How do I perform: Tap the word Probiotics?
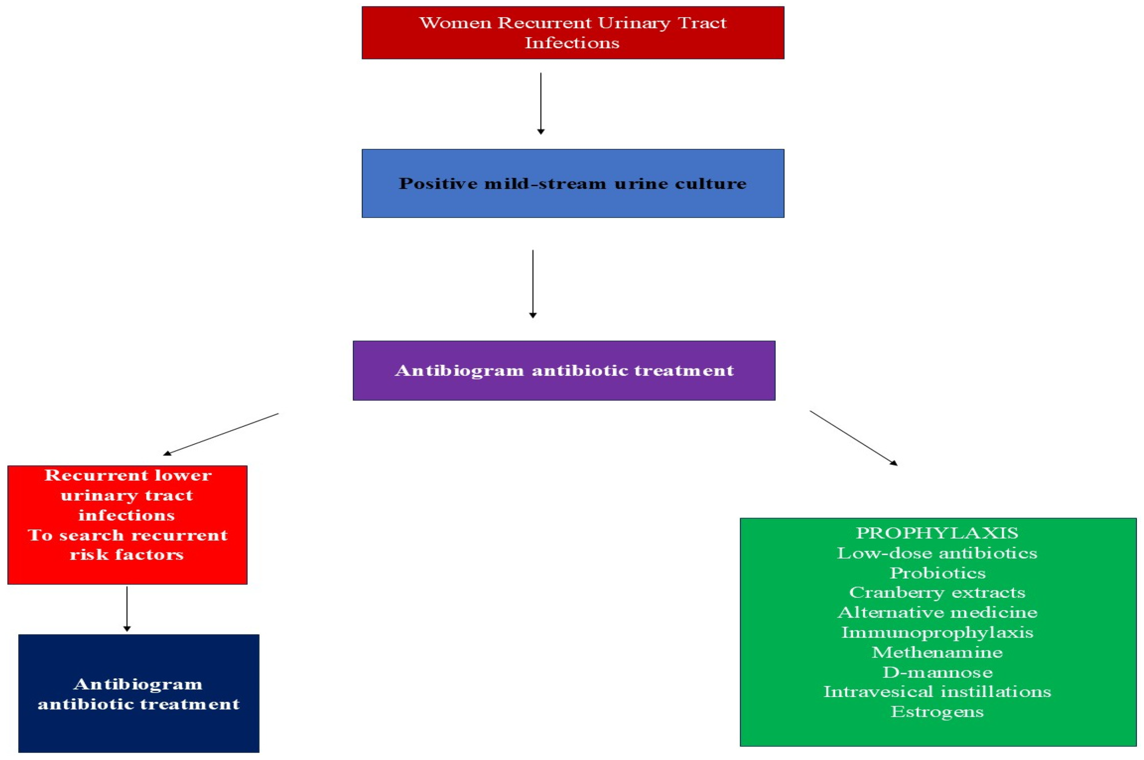click(937, 573)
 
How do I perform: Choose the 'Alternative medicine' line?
click(937, 612)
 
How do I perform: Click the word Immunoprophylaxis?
click(937, 632)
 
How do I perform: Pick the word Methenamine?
click(937, 652)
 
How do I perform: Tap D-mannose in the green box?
click(937, 672)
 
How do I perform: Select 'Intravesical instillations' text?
click(937, 691)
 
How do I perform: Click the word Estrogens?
click(937, 711)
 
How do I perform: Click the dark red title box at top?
click(572, 32)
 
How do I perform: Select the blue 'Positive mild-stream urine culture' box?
click(572, 183)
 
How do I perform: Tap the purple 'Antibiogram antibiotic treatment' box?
click(564, 370)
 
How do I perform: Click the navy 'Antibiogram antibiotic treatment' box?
click(139, 693)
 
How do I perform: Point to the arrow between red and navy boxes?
click(127, 608)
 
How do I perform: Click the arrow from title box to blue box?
click(541, 103)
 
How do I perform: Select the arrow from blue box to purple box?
click(533, 284)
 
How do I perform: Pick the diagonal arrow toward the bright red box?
click(221, 434)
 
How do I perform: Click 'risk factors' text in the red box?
click(127, 555)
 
